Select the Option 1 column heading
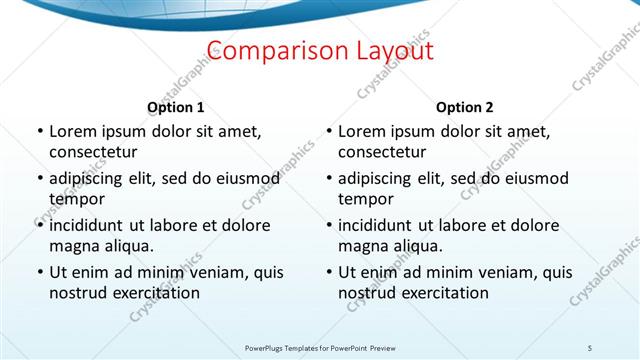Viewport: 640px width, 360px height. tap(175, 107)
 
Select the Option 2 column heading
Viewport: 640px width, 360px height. tap(465, 107)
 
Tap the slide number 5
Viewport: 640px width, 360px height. tap(590, 347)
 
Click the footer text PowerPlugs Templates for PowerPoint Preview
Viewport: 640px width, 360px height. tap(320, 347)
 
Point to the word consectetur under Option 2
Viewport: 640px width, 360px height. tap(382, 152)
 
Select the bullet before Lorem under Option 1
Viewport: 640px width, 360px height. tap(39, 131)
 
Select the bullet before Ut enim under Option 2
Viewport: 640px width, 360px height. tap(329, 272)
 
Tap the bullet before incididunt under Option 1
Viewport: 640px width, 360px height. tap(39, 225)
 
